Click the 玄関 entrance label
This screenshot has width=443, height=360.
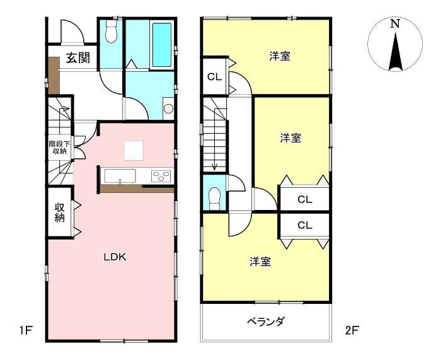pos(78,57)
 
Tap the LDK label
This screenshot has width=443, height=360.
pos(115,257)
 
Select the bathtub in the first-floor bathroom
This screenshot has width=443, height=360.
pos(161,44)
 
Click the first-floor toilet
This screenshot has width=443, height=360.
pos(111,31)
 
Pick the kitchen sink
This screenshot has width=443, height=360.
pos(120,176)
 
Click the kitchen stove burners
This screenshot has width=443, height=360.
pos(161,176)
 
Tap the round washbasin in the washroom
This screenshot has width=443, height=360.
pos(169,108)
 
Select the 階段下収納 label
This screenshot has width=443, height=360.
pos(60,148)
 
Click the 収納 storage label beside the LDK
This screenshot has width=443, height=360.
pos(60,212)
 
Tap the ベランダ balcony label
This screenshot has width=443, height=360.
pos(265,322)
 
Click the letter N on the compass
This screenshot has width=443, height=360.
pos(395,24)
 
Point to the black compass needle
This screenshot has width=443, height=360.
pos(395,52)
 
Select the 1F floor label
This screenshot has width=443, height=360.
pos(25,330)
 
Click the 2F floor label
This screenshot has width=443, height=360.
pos(352,330)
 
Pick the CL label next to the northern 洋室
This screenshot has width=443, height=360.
pos(215,77)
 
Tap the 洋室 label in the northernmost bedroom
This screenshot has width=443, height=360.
pos(280,56)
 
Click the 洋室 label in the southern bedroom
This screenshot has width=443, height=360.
pos(260,262)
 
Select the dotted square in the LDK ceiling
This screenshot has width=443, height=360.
pos(134,151)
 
